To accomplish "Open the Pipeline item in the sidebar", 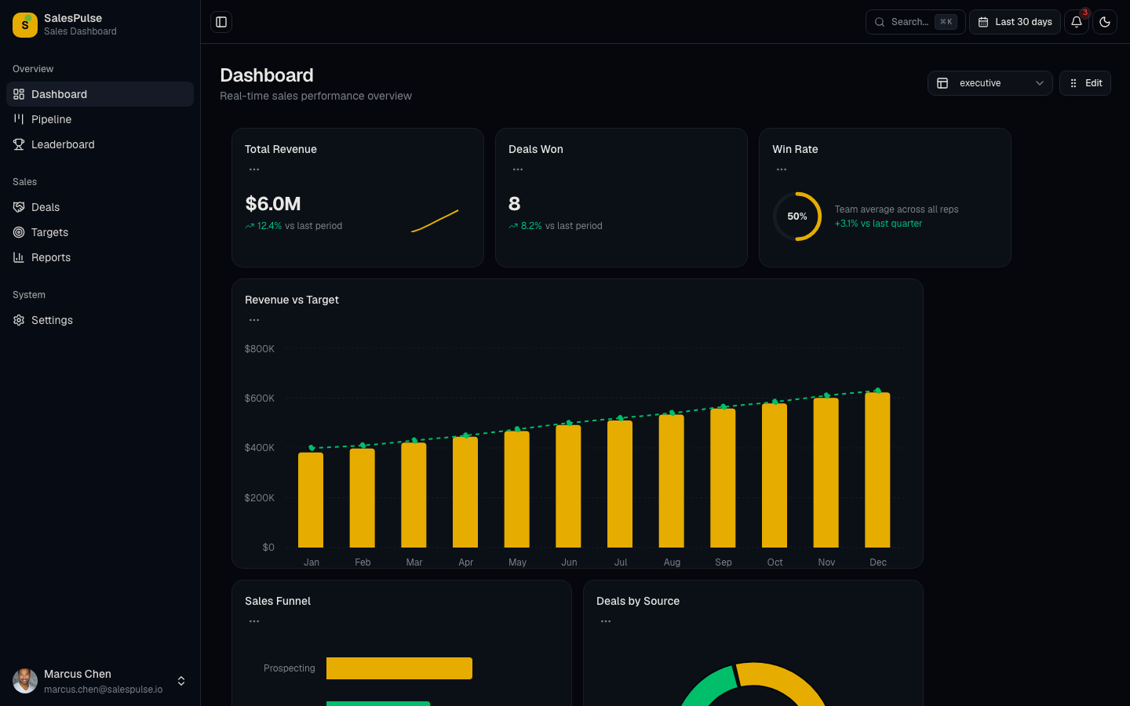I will point(51,119).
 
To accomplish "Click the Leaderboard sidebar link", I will point(63,144).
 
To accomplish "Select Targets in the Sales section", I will point(49,232).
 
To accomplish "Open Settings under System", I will point(52,320).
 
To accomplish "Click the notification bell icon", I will point(1077,22).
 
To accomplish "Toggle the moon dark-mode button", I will point(1105,22).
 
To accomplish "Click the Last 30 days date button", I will point(1015,22).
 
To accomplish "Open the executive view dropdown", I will point(990,83).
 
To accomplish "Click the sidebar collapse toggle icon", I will point(221,22).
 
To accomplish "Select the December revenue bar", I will point(877,471).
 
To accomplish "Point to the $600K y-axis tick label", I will point(260,398).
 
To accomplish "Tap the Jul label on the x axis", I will point(621,562).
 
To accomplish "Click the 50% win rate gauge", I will point(797,217).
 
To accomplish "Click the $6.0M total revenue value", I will point(273,204).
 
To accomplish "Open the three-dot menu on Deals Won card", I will point(518,169).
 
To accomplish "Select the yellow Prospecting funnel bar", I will point(399,668).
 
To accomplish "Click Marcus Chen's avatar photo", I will point(25,681).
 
